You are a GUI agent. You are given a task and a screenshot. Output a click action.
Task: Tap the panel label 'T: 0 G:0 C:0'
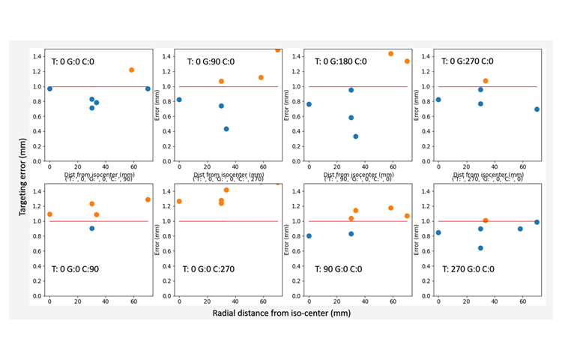pos(83,61)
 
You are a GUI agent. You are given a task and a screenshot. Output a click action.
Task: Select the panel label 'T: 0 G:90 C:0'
pos(215,61)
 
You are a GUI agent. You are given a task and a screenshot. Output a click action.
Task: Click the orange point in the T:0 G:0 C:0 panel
pos(131,70)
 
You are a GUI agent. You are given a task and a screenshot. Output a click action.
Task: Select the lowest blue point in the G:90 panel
pos(226,129)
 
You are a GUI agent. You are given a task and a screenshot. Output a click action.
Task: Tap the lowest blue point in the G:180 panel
pos(356,136)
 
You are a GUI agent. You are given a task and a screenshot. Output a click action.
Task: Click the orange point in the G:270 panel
pos(486,80)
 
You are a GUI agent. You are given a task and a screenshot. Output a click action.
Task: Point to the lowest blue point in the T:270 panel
pos(480,248)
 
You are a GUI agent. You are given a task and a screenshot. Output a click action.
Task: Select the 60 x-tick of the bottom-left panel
pos(133,302)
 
